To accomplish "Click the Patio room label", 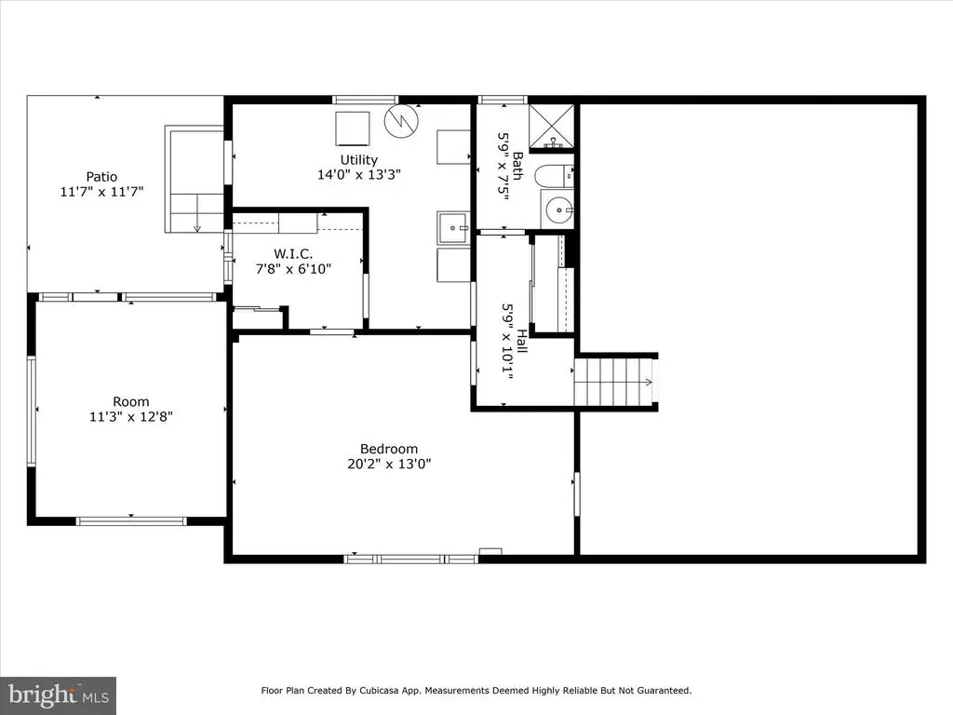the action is tap(101, 177).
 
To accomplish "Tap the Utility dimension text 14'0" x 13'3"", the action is tap(358, 175).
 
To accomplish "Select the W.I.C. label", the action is tap(293, 253).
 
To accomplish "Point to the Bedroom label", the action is tap(389, 450).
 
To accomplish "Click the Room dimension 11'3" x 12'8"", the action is tap(130, 417).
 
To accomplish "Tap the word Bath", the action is tap(517, 166).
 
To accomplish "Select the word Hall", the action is tap(521, 341).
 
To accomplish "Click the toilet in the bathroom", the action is tap(554, 176).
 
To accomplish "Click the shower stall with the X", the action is tap(551, 127).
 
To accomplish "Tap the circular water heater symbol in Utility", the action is tap(401, 121).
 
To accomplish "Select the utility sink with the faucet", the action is tap(453, 228).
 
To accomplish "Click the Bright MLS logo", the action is tap(59, 695).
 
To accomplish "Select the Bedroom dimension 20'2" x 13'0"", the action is tap(389, 465).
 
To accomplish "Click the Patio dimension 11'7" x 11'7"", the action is tap(101, 192).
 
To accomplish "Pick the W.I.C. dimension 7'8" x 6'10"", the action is tap(293, 269).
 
